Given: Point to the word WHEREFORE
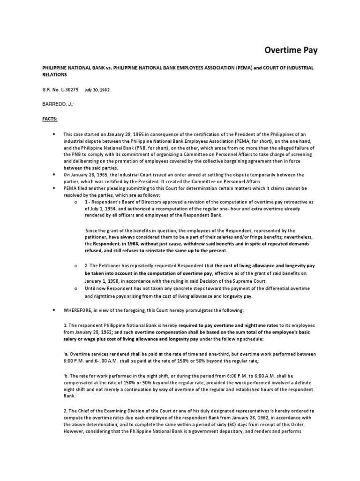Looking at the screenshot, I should click(x=80, y=310).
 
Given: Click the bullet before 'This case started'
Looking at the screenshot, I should click(x=54, y=134).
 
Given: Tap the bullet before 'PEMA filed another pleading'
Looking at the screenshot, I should click(x=54, y=188).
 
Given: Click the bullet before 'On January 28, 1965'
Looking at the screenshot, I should click(x=54, y=174).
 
